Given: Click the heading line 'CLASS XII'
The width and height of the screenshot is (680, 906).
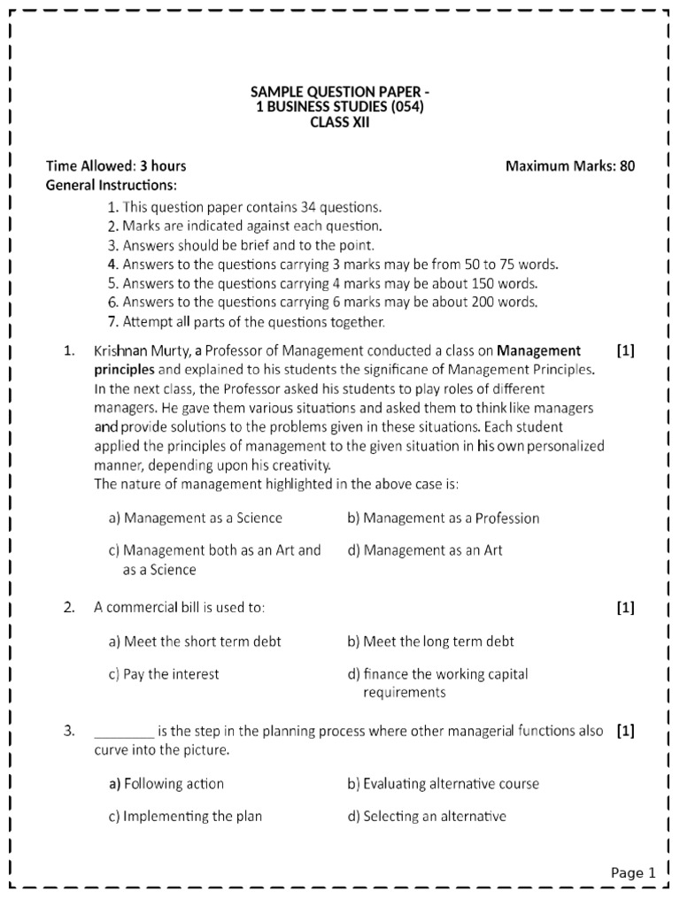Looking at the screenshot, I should [339, 123].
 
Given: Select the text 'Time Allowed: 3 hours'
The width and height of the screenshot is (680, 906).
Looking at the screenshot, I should [116, 165].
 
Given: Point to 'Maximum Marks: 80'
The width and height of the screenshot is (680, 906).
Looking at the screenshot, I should [569, 165].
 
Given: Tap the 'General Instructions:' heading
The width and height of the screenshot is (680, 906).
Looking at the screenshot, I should [111, 185].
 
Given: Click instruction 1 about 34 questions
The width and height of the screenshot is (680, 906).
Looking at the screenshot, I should [244, 207].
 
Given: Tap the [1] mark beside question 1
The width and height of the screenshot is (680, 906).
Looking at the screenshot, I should [625, 350].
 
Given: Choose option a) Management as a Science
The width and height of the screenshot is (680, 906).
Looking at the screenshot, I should [196, 518].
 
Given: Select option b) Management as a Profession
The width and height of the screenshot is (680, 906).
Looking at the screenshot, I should [443, 518].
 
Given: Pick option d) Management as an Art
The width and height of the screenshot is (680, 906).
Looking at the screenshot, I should [424, 550].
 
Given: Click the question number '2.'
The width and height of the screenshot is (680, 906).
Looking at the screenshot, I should [70, 607].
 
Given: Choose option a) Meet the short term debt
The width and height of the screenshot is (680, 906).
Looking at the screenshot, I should [195, 641].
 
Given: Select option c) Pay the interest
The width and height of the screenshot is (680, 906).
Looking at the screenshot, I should [164, 674].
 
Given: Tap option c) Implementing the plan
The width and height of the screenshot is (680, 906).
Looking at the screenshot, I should [185, 817].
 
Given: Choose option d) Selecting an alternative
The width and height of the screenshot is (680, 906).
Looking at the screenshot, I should [426, 817].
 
